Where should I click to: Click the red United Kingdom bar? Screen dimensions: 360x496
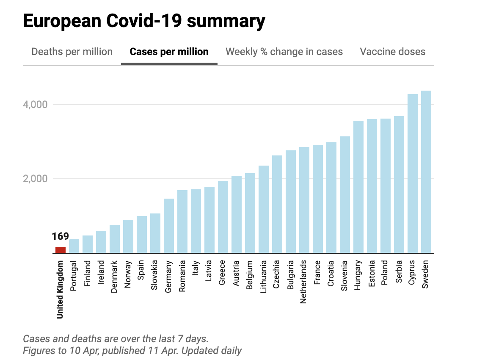pyautogui.click(x=61, y=250)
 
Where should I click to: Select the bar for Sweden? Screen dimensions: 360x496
pyautogui.click(x=426, y=172)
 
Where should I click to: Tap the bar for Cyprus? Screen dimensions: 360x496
pyautogui.click(x=413, y=173)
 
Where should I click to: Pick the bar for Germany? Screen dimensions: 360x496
pyautogui.click(x=169, y=226)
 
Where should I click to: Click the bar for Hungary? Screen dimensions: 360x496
pyautogui.click(x=358, y=187)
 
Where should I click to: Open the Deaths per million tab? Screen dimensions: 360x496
pyautogui.click(x=72, y=52)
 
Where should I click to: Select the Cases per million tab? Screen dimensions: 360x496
pyautogui.click(x=169, y=52)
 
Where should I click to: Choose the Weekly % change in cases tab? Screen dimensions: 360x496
pyautogui.click(x=284, y=52)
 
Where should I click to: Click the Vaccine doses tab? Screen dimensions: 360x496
pyautogui.click(x=392, y=52)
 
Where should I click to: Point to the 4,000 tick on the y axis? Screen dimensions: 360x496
pyautogui.click(x=35, y=105)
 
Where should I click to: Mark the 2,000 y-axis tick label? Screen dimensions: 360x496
pyautogui.click(x=35, y=179)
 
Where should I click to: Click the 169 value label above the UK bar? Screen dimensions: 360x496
pyautogui.click(x=61, y=236)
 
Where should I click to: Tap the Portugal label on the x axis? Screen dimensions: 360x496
pyautogui.click(x=74, y=276)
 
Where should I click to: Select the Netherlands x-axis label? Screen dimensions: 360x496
pyautogui.click(x=304, y=282)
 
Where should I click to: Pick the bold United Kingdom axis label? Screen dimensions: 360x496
pyautogui.click(x=60, y=289)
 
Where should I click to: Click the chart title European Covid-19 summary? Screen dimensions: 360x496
pyautogui.click(x=144, y=21)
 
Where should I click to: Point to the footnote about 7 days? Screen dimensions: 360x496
pyautogui.click(x=116, y=339)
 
